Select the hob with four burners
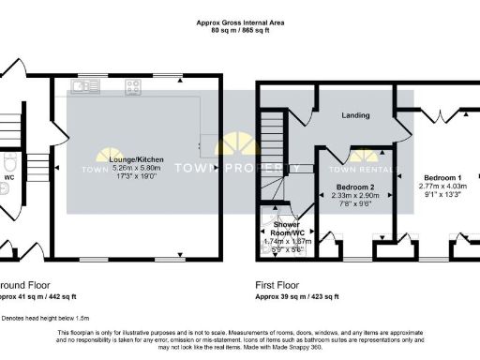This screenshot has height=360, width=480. (x=132, y=86)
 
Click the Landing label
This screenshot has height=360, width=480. (x=354, y=116)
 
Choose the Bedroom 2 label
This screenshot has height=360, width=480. (x=355, y=187)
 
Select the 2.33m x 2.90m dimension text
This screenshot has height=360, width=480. (x=355, y=196)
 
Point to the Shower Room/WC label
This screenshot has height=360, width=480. (x=286, y=229)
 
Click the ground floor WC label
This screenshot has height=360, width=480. (x=8, y=175)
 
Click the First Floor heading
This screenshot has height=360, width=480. (x=280, y=284)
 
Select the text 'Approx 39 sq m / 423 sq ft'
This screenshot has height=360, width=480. (x=298, y=296)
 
